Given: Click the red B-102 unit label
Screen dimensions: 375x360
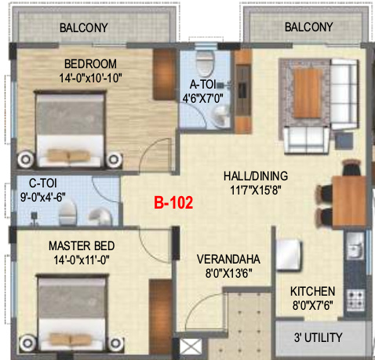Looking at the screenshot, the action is click(x=173, y=202).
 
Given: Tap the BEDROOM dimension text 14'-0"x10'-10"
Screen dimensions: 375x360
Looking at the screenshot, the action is click(x=90, y=78).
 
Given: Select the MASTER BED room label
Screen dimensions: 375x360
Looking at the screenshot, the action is click(x=82, y=246).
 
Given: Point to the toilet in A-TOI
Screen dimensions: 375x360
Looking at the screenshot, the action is click(x=204, y=63).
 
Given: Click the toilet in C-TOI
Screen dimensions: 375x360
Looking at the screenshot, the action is click(x=67, y=213).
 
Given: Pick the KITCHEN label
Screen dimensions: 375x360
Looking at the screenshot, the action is click(x=312, y=292).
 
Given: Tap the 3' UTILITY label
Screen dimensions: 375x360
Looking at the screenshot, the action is click(x=318, y=337).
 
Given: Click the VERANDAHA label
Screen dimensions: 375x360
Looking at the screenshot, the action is click(x=228, y=260).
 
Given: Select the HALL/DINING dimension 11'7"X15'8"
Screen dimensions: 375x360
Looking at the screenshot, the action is click(x=256, y=190).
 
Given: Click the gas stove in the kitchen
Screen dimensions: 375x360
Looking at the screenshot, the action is click(x=355, y=300).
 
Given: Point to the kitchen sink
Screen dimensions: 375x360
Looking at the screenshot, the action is click(x=355, y=246).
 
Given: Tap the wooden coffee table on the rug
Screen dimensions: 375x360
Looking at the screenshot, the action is click(x=308, y=93).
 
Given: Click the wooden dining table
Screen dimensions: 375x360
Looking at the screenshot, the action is click(x=349, y=201).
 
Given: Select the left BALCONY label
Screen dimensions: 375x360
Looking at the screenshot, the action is click(x=84, y=27).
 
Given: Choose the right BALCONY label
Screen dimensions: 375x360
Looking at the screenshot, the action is click(x=308, y=27).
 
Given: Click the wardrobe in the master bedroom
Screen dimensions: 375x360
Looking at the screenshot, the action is click(x=160, y=316).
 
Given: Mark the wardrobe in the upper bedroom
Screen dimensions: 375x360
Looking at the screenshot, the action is click(x=164, y=75).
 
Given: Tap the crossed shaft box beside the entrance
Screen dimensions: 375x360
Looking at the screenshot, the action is click(x=191, y=347).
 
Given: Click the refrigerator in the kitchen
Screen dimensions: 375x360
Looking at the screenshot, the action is click(x=289, y=254).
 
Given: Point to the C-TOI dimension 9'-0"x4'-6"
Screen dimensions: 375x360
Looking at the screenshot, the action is click(x=43, y=197).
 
